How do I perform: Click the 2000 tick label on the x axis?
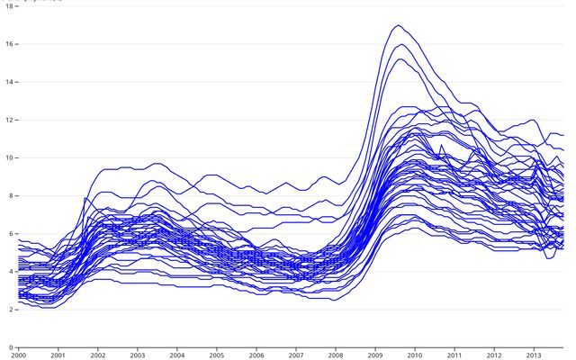(18, 355)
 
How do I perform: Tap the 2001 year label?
(58, 355)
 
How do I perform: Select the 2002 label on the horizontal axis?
(97, 355)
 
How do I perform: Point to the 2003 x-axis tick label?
(137, 355)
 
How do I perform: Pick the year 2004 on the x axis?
(176, 355)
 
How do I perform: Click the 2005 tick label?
(216, 355)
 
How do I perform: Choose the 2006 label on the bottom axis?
(256, 355)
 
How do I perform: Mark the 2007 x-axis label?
(296, 355)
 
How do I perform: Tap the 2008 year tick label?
(336, 355)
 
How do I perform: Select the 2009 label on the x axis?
(375, 355)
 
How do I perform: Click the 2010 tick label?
(415, 355)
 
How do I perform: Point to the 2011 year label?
(454, 355)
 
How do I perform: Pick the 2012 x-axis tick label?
(494, 355)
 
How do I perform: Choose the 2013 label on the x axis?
(534, 355)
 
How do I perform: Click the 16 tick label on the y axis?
(8, 44)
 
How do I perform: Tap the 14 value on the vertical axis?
(8, 82)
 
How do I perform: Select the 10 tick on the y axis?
(8, 157)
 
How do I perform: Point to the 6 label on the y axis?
(10, 234)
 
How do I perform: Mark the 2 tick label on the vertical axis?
(10, 310)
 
